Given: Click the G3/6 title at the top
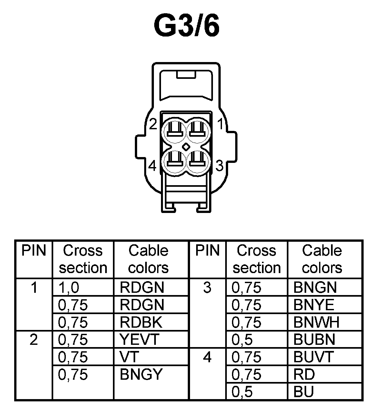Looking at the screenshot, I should point(187,25).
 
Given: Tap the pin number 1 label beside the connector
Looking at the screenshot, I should point(220,124).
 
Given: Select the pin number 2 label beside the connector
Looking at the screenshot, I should point(153,124).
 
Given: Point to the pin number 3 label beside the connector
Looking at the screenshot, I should point(220,166).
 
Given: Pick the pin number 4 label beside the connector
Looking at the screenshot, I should point(153,166).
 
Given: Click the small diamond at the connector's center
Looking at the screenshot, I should point(186,147).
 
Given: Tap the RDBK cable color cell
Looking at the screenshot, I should point(141,322).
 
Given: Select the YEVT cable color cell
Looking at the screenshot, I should point(139,340).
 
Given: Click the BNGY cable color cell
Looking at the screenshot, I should point(141,375).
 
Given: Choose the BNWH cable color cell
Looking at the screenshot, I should point(316,322).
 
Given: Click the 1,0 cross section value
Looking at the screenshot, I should point(68,288).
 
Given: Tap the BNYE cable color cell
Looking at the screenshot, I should point(314,305).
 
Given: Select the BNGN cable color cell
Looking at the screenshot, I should point(315,288).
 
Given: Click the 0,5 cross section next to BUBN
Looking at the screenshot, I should point(242,340).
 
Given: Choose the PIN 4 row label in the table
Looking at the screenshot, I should point(207,357).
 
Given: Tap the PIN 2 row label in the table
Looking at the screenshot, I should point(34,340).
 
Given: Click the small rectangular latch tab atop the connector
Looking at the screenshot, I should point(186,75).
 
